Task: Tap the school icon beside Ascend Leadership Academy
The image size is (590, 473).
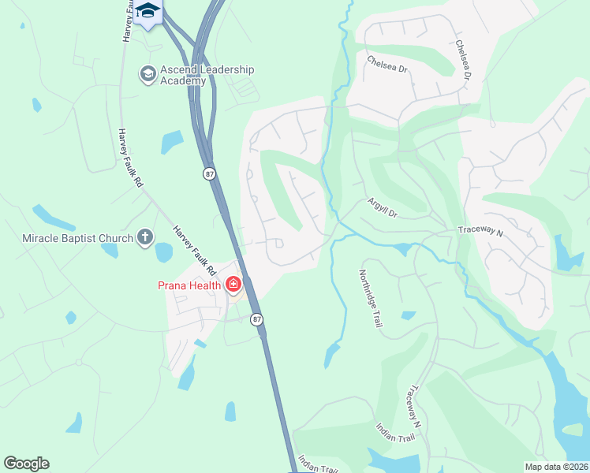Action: (x=147, y=75)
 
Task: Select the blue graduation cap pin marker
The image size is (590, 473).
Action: (x=147, y=12)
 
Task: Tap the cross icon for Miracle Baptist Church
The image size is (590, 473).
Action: (x=144, y=236)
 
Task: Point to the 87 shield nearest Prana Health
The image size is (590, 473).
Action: (x=257, y=319)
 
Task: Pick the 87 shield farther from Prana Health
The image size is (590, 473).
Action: (x=209, y=174)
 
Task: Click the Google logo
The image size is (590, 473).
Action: (x=26, y=464)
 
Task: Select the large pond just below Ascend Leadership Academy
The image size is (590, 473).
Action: (x=172, y=142)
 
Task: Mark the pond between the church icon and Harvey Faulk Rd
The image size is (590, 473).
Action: (x=163, y=252)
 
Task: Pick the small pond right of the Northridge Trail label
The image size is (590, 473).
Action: (x=408, y=315)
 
